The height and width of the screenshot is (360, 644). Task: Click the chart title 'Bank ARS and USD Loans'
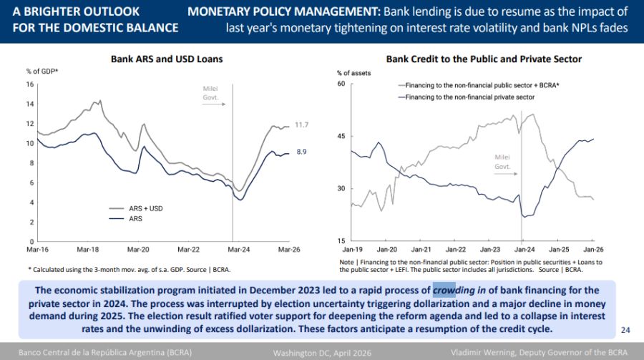[x=167, y=59]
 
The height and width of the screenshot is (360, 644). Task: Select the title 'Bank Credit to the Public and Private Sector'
[x=484, y=59]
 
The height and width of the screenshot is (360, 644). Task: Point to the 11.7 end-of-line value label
[x=303, y=125]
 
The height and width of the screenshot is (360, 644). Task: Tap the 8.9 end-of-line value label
[x=303, y=152]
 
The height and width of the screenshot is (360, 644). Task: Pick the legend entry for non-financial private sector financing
[x=470, y=97]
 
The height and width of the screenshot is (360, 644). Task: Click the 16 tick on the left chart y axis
[x=30, y=84]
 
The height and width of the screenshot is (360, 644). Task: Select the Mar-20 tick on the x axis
[x=138, y=250]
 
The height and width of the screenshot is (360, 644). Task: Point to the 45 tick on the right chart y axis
[x=341, y=137]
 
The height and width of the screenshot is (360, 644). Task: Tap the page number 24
[x=625, y=330]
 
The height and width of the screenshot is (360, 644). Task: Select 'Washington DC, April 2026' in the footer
[x=320, y=353]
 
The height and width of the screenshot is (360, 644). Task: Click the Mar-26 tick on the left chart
[x=288, y=250]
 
